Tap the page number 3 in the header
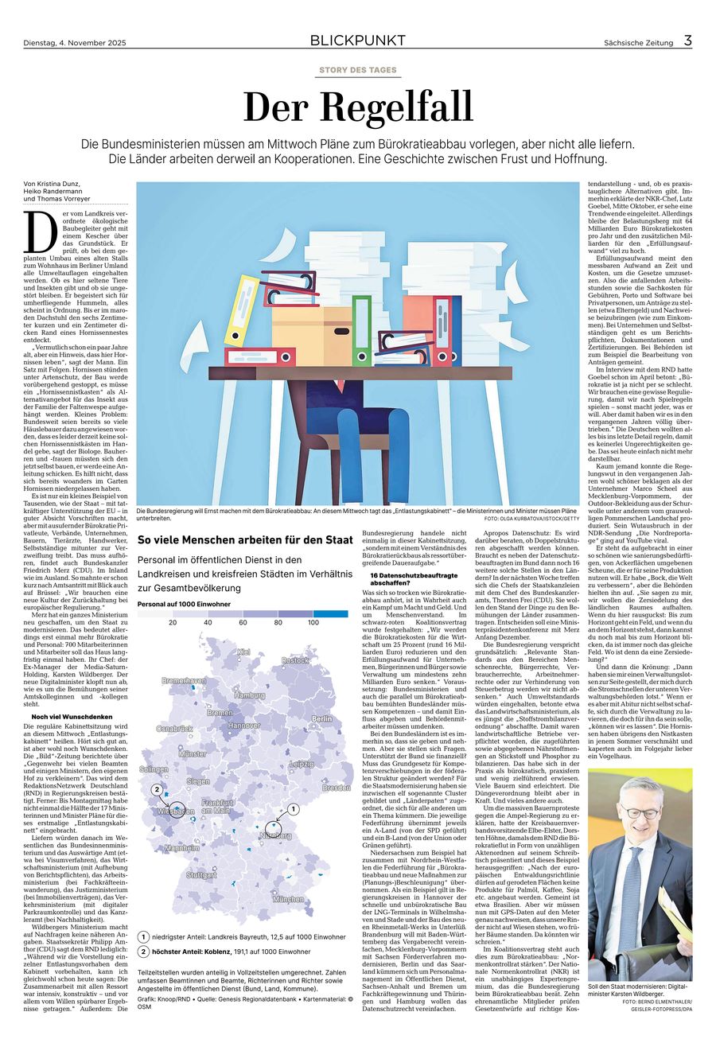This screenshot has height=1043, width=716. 687,41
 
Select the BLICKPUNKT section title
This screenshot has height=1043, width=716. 357,41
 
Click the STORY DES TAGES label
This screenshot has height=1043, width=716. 357,70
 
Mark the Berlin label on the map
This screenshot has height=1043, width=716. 322,696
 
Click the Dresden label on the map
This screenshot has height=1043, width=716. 337,788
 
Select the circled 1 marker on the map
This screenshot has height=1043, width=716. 293,808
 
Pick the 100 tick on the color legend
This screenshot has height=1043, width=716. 313,622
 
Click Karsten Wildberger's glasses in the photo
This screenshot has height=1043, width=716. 641,812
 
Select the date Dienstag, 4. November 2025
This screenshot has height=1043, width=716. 75,42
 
